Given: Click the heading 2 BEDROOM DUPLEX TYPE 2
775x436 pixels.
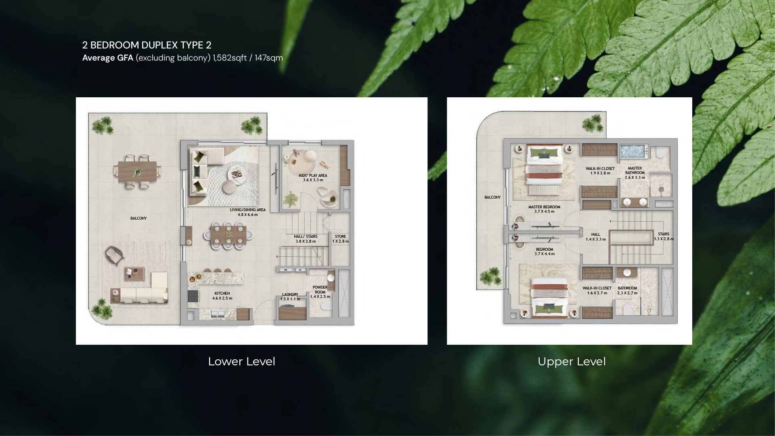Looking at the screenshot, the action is [x=147, y=45].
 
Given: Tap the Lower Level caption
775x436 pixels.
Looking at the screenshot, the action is [x=241, y=361].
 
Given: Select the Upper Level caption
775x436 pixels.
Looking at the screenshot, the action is [x=572, y=361].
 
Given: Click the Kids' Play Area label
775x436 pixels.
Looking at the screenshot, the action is [x=313, y=178].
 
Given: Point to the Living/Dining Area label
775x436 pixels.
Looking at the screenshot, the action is [x=248, y=212].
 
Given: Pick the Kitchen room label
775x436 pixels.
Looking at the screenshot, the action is [x=222, y=296].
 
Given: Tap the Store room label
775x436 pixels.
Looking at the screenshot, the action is [x=340, y=239].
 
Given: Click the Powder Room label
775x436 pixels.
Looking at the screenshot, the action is [x=320, y=292].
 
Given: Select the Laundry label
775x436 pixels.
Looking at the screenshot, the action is [x=290, y=297].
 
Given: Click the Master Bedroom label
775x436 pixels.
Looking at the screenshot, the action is [x=545, y=209].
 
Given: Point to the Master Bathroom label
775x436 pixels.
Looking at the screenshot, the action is [x=635, y=173].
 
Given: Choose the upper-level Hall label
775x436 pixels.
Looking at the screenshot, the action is [x=596, y=237].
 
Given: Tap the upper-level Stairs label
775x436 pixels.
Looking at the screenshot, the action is [x=664, y=236].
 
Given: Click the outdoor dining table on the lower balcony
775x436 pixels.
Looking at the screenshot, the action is [x=137, y=172].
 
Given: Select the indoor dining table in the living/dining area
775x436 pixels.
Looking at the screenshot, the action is [x=228, y=234].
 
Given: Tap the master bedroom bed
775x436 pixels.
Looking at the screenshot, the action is [x=544, y=166].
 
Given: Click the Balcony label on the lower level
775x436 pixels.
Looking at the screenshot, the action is [x=138, y=218].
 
